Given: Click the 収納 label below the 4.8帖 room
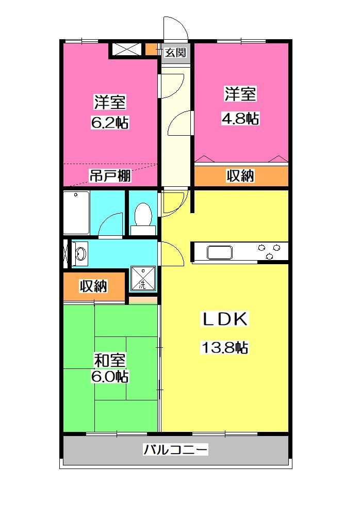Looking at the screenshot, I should pyautogui.click(x=241, y=176).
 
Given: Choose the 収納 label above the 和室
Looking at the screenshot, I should pyautogui.click(x=93, y=286).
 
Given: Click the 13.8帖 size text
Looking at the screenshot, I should pyautogui.click(x=224, y=348).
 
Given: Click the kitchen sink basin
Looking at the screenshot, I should pyautogui.click(x=220, y=252).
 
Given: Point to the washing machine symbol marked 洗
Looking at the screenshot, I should pyautogui.click(x=142, y=279).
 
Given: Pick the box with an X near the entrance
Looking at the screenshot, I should pyautogui.click(x=127, y=50).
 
